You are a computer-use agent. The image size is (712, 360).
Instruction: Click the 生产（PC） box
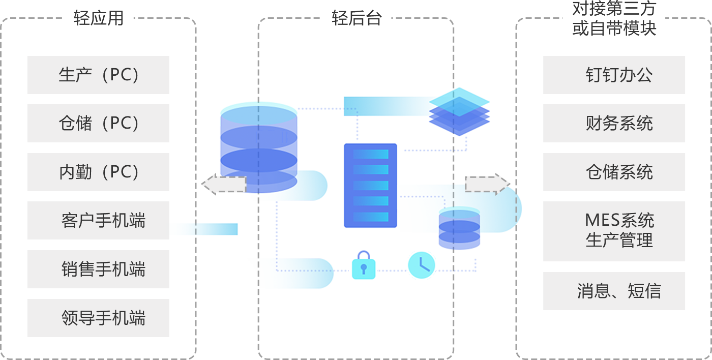[98, 75]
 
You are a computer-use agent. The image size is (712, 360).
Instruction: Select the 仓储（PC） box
[98, 123]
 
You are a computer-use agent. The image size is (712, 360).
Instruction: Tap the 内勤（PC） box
[98, 172]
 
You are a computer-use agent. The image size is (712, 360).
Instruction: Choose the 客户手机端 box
[98, 220]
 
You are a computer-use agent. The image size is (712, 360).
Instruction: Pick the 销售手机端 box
[98, 269]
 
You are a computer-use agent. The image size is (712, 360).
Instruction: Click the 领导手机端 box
[98, 318]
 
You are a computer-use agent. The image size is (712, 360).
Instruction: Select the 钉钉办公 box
[614, 75]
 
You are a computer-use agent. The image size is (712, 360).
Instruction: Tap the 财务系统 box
[614, 123]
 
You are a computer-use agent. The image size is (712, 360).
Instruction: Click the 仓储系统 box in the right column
[614, 172]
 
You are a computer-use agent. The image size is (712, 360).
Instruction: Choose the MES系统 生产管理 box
[614, 231]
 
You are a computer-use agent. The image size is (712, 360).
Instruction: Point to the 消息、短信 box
[614, 291]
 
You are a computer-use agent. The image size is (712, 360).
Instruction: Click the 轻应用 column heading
[98, 19]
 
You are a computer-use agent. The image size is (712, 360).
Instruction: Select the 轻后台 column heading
[356, 19]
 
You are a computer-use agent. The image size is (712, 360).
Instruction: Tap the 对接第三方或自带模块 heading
[614, 18]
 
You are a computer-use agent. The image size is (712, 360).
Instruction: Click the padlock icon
[364, 264]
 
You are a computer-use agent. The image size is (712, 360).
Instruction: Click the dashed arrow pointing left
[224, 184]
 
